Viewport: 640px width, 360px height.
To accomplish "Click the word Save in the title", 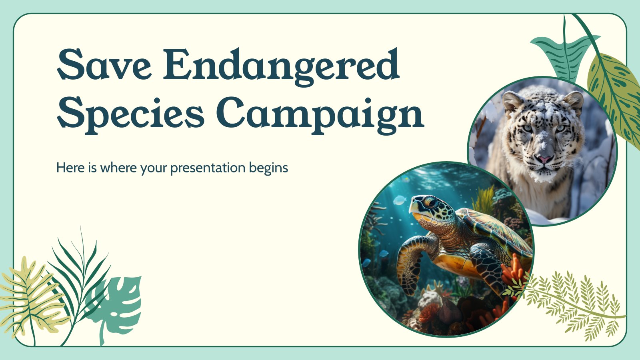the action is tap(104, 64).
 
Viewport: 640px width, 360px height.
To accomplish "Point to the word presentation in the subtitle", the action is tap(208, 168).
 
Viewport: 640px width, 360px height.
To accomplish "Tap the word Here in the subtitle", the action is tap(70, 168).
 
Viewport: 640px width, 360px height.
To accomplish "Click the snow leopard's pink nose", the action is tap(544, 159).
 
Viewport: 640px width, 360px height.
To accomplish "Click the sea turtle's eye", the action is tap(430, 203).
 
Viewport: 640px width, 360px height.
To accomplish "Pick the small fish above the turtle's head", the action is tap(400, 200).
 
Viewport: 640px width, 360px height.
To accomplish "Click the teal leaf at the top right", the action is tap(564, 54).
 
